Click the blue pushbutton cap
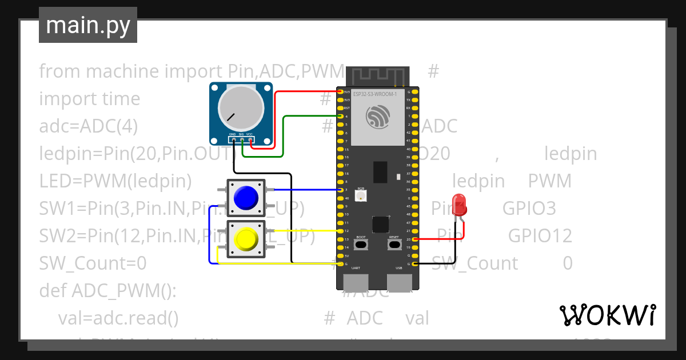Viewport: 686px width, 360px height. click(x=246, y=197)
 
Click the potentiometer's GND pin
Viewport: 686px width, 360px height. click(x=233, y=139)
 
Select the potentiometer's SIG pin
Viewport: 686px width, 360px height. click(x=242, y=139)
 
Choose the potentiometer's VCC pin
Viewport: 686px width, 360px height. click(x=250, y=139)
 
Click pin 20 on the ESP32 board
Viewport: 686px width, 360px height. click(x=414, y=239)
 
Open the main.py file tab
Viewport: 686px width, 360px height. click(x=88, y=25)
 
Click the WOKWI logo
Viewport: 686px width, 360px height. click(x=607, y=315)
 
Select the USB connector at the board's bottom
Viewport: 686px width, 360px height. click(x=399, y=281)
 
